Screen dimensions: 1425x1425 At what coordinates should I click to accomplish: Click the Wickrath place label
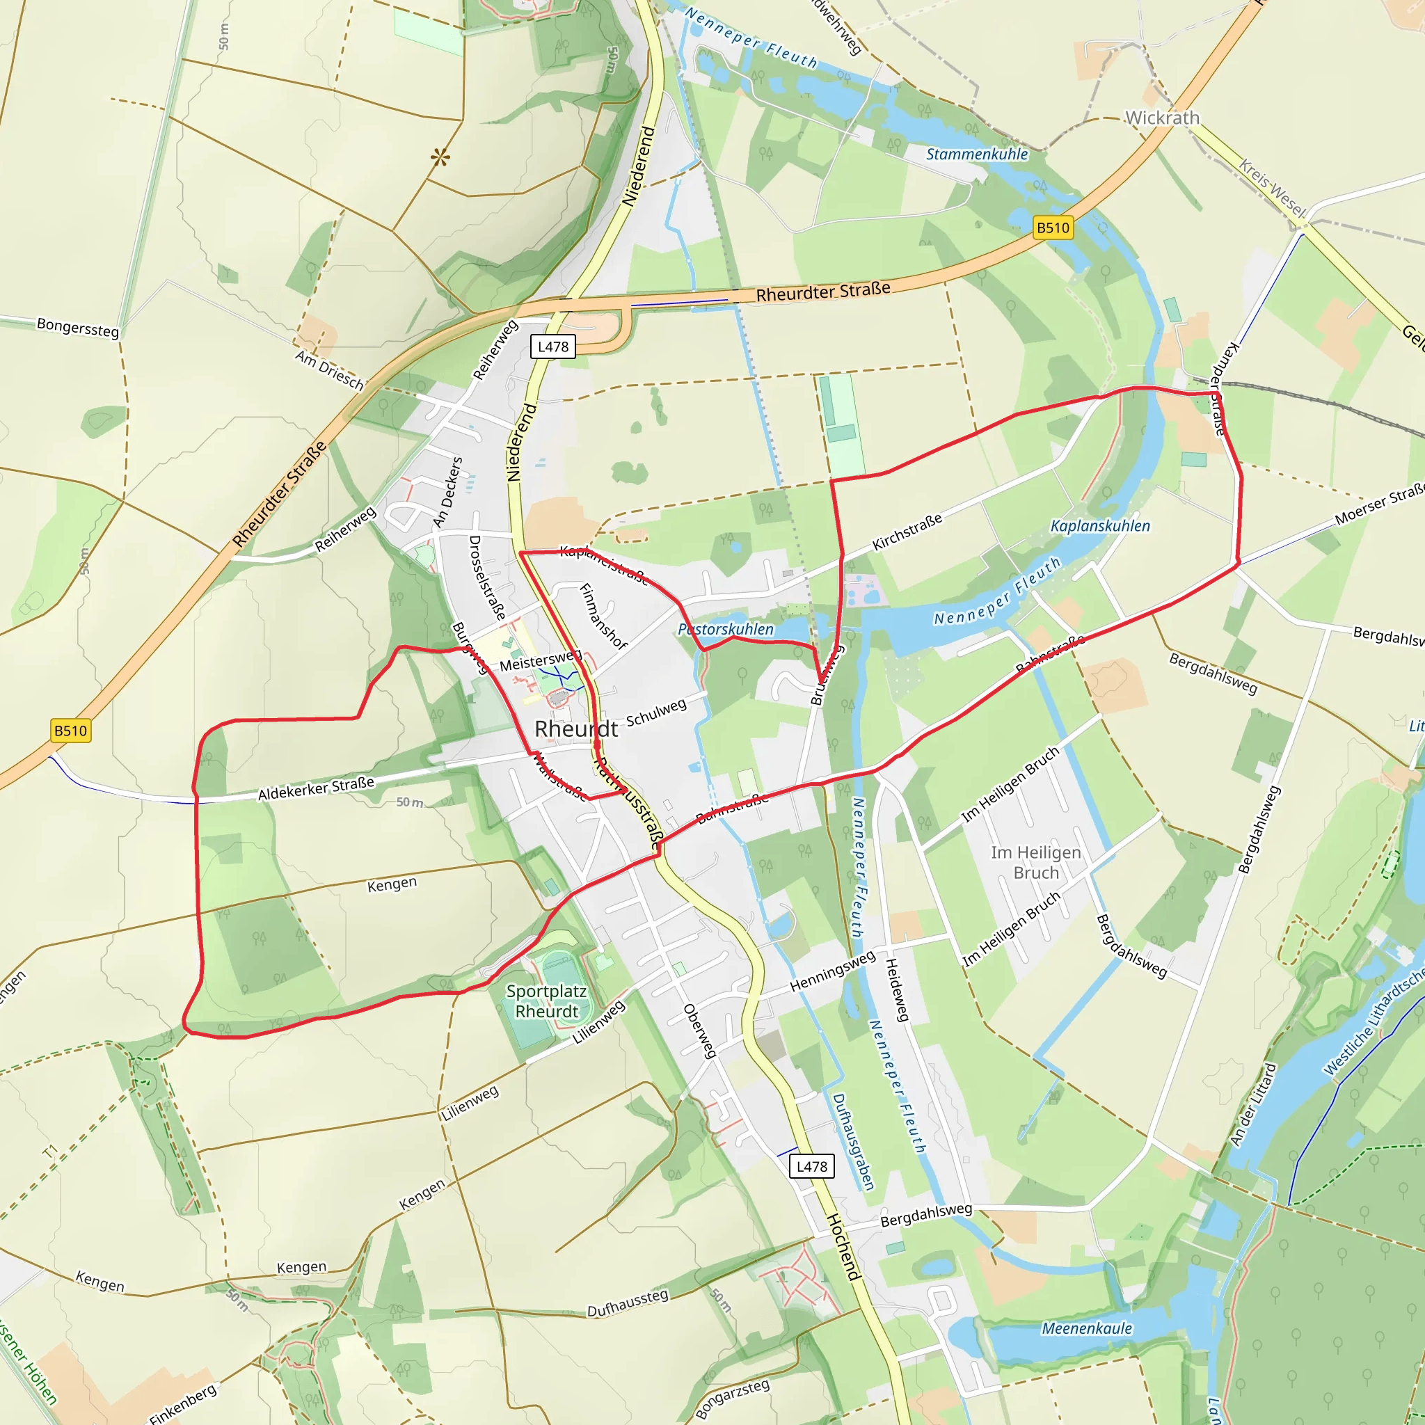point(1162,118)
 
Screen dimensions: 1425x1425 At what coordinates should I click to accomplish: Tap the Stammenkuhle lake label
point(976,154)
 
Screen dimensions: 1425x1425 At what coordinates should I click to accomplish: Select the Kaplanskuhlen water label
point(1100,526)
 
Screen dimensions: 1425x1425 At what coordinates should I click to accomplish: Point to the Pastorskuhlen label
point(726,629)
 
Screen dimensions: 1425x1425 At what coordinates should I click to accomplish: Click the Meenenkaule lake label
point(1086,1328)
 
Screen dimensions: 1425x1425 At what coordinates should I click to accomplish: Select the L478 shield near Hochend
point(811,1166)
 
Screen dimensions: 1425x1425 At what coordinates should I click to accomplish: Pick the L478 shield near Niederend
point(553,347)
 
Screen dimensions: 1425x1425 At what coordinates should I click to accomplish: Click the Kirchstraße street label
point(907,532)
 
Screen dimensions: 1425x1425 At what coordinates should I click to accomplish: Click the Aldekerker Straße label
point(316,788)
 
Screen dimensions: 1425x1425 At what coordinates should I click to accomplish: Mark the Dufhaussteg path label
point(628,1304)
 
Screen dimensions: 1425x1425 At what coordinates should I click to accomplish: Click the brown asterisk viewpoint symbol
point(440,157)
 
